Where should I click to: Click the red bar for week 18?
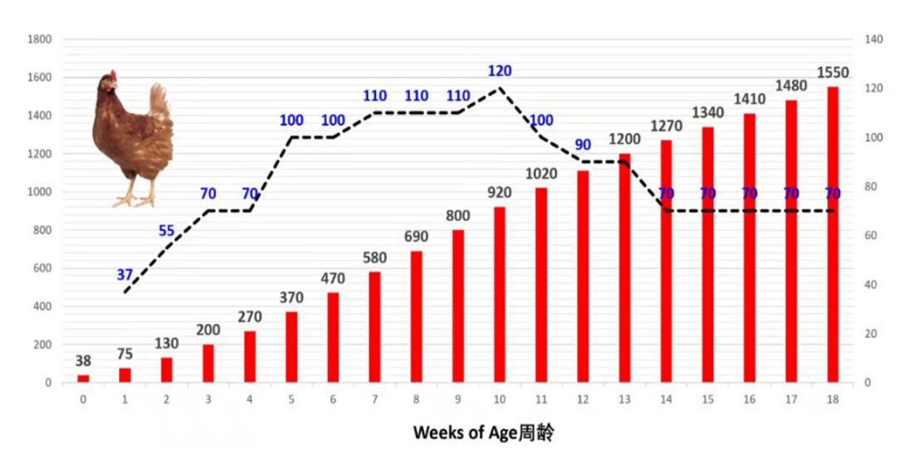833,235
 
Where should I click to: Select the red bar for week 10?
500,295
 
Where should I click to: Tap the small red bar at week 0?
84,379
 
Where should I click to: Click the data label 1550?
833,73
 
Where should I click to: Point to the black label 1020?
541,174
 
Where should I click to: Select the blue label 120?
500,71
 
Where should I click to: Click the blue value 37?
124,275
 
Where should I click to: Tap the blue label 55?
167,231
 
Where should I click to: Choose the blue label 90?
583,145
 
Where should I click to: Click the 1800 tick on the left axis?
39,39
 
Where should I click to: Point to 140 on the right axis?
874,39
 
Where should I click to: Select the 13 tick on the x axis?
625,399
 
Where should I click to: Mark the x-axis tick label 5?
292,399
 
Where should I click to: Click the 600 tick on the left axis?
41,269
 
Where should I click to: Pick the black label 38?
84,362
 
